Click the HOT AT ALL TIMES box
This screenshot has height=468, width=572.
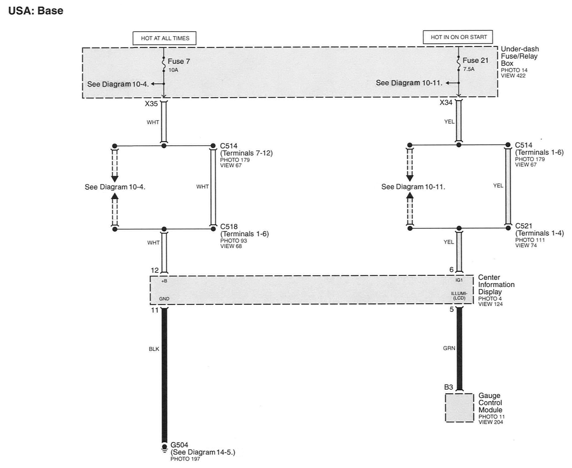pyautogui.click(x=164, y=38)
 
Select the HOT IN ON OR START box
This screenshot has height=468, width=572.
pyautogui.click(x=458, y=37)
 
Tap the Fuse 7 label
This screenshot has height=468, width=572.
pyautogui.click(x=179, y=61)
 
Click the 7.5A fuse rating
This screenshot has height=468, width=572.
pyautogui.click(x=469, y=69)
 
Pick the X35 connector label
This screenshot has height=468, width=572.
pyautogui.click(x=151, y=104)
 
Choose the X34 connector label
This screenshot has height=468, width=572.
pyautogui.click(x=446, y=102)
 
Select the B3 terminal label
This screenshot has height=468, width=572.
pyautogui.click(x=448, y=387)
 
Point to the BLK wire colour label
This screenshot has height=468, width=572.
pyautogui.click(x=154, y=349)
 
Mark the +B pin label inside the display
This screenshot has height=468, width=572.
pyautogui.click(x=164, y=281)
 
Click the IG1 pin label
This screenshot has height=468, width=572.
pyautogui.click(x=459, y=280)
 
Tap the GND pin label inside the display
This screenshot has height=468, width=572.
pyautogui.click(x=164, y=299)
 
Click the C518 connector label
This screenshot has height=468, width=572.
pyautogui.click(x=229, y=227)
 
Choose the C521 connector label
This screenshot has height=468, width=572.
pyautogui.click(x=524, y=226)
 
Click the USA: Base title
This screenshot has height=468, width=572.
pyautogui.click(x=36, y=11)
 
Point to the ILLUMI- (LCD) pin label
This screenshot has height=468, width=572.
pyautogui.click(x=459, y=296)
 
